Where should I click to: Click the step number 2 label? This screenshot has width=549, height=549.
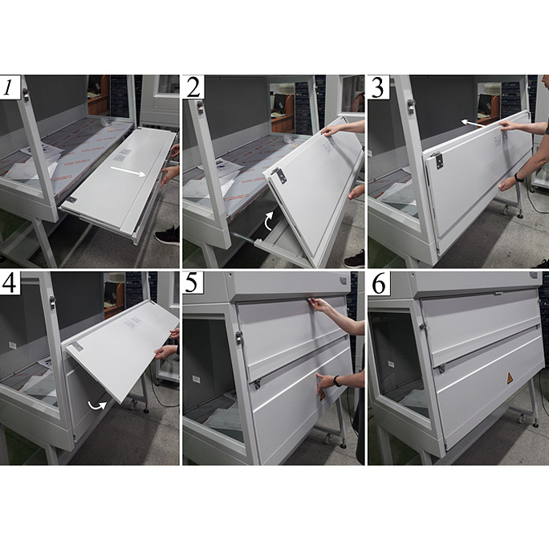click(193, 87)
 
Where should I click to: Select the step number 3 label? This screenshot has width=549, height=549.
click(377, 87)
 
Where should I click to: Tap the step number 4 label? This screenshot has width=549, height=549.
click(9, 283)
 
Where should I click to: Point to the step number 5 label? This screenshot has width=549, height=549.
click(192, 283)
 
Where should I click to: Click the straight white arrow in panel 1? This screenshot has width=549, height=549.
click(128, 171)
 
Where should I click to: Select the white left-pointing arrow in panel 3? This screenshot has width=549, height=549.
click(472, 123)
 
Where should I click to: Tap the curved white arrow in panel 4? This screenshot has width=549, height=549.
click(97, 405)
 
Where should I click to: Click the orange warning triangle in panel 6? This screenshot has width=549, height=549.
click(510, 378)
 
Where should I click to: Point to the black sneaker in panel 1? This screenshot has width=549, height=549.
click(168, 236)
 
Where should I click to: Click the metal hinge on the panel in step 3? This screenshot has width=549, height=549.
click(438, 161)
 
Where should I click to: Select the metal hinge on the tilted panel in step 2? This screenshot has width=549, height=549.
click(280, 175)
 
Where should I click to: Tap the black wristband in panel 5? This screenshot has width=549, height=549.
click(336, 381)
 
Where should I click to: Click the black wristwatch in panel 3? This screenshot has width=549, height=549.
click(518, 178)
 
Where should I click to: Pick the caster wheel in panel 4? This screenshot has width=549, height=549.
click(134, 405)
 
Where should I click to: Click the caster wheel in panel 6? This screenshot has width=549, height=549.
click(522, 418)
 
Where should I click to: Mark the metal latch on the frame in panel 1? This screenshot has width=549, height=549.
click(26, 95)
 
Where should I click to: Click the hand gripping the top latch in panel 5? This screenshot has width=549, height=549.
click(320, 304)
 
